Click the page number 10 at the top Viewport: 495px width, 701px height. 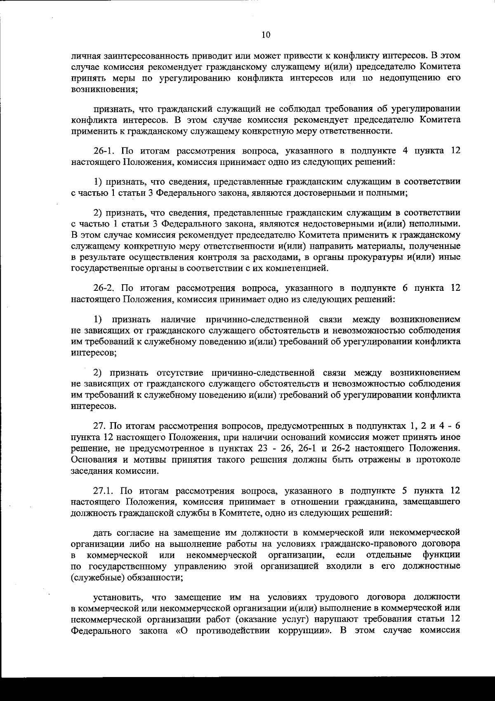(266, 35)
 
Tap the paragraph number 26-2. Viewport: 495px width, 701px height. (103, 288)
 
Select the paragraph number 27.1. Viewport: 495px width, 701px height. (104, 491)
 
